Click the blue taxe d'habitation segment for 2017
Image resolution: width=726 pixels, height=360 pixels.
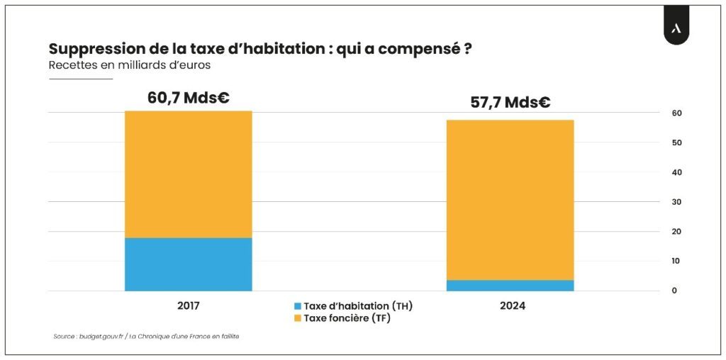coord(188,264)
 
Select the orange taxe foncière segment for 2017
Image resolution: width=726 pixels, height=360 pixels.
coord(188,174)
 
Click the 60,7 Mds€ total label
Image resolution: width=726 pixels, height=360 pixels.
coord(188,98)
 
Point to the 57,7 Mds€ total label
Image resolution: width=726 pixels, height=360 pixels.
coord(510,103)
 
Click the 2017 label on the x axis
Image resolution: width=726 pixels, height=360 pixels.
coord(188,306)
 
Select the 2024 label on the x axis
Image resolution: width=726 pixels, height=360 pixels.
coord(510,306)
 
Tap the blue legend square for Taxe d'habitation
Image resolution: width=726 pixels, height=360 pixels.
coord(298,306)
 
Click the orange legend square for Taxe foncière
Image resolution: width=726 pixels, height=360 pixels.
coord(298,319)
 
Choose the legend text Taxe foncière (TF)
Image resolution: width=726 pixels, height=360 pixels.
coord(347,319)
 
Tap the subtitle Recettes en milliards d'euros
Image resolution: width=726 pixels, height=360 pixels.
coord(130,65)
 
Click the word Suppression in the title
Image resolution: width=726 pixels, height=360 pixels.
coord(89,49)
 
